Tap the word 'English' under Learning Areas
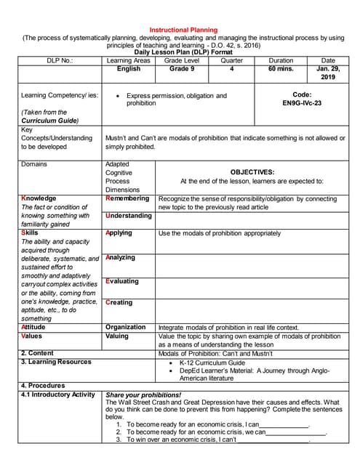pos(129,69)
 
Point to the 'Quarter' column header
pos(231,61)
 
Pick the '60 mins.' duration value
pos(281,69)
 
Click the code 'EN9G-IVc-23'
pos(302,104)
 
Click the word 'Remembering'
pos(128,198)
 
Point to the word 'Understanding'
pos(129,216)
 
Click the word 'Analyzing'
pos(120,258)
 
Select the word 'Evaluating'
pos(121,281)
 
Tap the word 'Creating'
pos(119,302)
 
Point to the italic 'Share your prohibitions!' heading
pos(144,395)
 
